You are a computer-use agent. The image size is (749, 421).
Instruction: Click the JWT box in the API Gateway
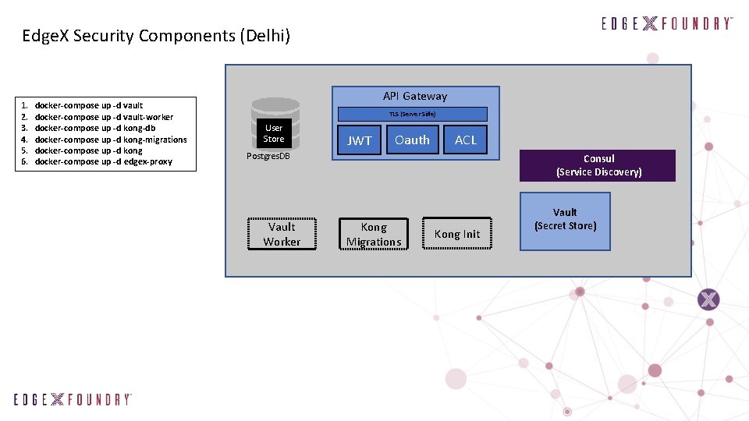click(x=360, y=140)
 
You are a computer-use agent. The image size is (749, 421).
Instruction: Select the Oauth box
click(x=412, y=140)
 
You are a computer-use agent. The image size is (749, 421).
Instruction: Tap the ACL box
click(x=466, y=140)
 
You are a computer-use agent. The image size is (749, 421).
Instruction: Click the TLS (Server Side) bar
click(x=412, y=114)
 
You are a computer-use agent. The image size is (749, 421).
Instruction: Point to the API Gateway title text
click(x=415, y=96)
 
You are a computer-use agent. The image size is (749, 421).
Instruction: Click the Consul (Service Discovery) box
click(x=598, y=165)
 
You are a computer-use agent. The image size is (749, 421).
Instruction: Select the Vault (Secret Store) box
click(x=565, y=221)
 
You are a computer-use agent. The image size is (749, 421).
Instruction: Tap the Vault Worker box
click(x=282, y=234)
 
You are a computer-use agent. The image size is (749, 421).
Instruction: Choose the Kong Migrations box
click(x=374, y=234)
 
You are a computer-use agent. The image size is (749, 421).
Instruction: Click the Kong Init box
click(x=457, y=234)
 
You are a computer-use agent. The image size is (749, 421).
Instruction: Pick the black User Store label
click(x=274, y=133)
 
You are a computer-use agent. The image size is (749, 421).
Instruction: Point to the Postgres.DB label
click(x=268, y=156)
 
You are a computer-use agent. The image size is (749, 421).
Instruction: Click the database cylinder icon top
click(x=275, y=104)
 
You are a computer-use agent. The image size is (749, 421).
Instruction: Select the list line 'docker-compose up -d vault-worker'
click(x=104, y=117)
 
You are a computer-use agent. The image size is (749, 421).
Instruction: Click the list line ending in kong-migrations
click(x=111, y=140)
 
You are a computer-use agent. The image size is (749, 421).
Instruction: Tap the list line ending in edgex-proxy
click(x=103, y=161)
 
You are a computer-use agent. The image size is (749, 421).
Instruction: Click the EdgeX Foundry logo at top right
click(x=667, y=23)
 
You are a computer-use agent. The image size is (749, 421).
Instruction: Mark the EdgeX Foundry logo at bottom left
click(x=73, y=399)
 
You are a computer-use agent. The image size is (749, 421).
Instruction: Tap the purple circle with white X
click(x=708, y=299)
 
